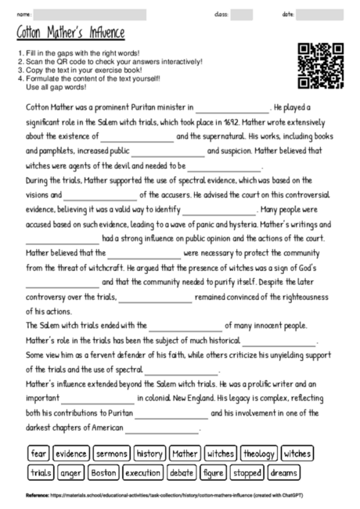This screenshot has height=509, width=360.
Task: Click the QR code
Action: pyautogui.click(x=321, y=66)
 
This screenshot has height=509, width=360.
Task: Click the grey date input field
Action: pyautogui.click(x=319, y=14)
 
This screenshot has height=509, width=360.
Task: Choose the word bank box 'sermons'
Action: pyautogui.click(x=112, y=453)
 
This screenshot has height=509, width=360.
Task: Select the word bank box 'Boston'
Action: pyautogui.click(x=104, y=472)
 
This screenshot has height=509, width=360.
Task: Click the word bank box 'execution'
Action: pyautogui.click(x=142, y=472)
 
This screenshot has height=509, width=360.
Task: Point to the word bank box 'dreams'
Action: pyautogui.click(x=283, y=472)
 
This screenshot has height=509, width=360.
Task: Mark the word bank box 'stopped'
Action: pyautogui.click(x=247, y=472)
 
